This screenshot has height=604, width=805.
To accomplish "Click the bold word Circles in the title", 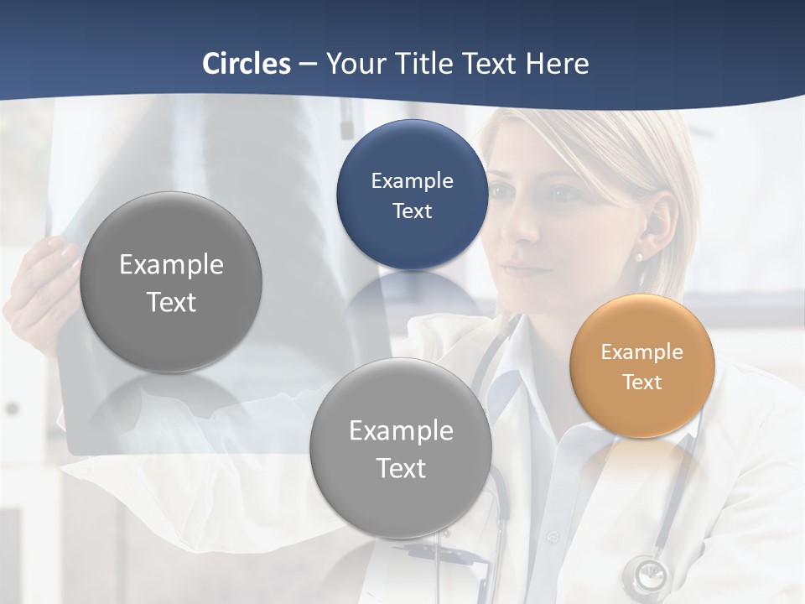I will tap(247, 64).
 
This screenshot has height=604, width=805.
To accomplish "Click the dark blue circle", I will tap(412, 195).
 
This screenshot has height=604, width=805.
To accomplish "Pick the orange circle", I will tap(642, 366).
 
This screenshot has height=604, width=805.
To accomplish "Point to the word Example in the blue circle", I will tap(412, 180).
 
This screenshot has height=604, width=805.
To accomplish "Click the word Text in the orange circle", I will tap(642, 383).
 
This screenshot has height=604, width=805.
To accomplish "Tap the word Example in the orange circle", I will tap(642, 352).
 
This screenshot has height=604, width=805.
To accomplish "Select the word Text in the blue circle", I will tap(412, 211).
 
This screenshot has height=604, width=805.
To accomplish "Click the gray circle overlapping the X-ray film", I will tap(171, 282).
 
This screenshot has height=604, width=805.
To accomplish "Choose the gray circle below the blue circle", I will tap(401, 449).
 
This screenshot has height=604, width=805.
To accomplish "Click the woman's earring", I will tap(639, 258).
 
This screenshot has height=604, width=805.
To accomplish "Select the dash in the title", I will tap(308, 64).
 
